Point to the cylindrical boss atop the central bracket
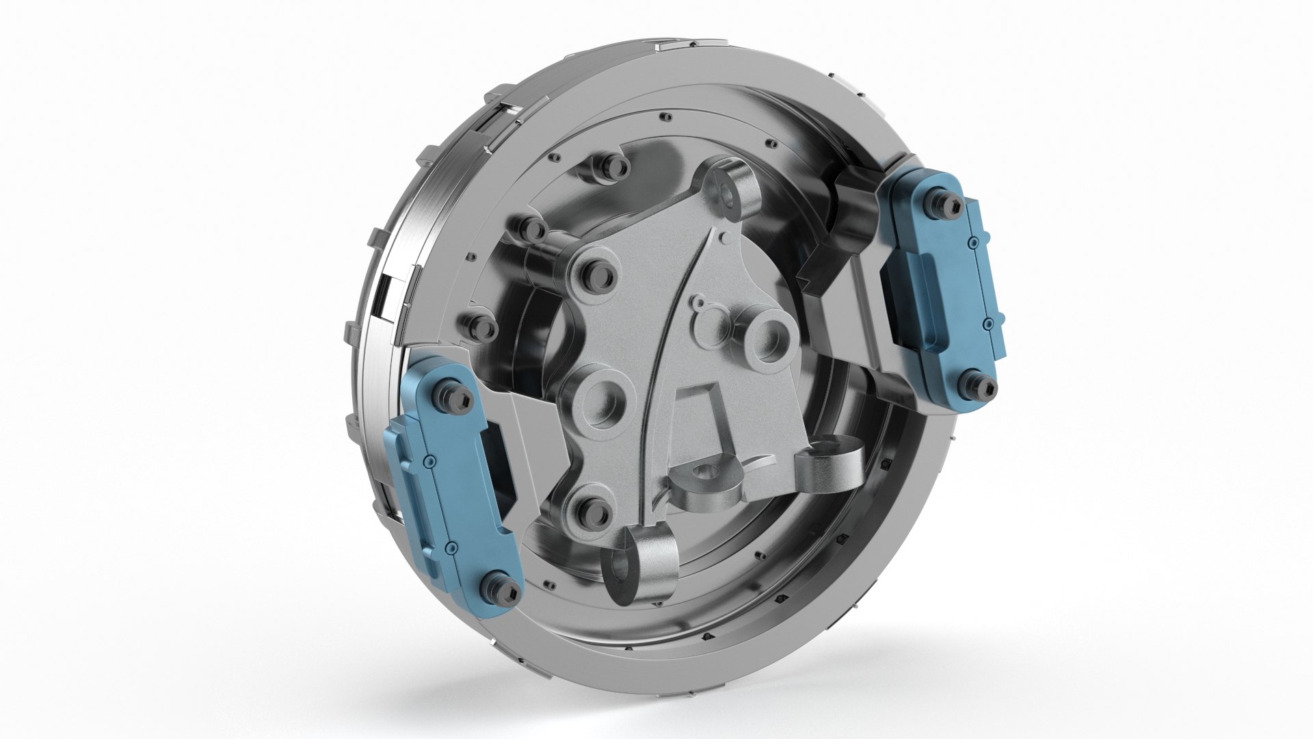tap(735, 191)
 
